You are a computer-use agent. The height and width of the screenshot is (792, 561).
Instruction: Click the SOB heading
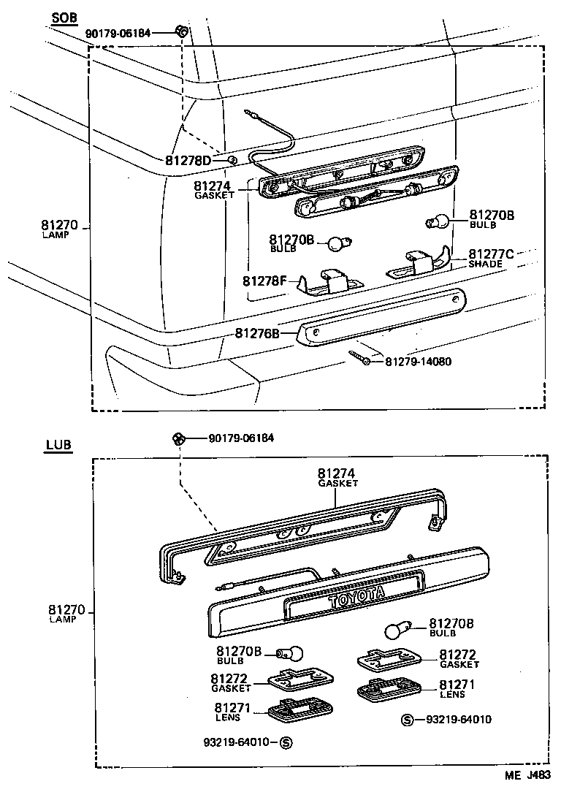point(65,18)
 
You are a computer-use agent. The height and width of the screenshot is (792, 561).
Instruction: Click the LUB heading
point(58,444)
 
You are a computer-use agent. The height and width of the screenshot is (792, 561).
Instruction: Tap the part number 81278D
point(188,160)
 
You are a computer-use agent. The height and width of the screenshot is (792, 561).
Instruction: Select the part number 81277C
point(491,254)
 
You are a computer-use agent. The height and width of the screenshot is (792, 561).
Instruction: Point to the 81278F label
point(265,281)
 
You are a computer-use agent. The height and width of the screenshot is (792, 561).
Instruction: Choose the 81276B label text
point(257,333)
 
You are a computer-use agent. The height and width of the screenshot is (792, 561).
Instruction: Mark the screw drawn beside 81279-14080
point(360,358)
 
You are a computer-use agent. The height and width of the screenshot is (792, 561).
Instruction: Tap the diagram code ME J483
point(525,776)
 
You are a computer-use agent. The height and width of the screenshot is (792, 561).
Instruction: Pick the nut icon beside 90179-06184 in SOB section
point(182,31)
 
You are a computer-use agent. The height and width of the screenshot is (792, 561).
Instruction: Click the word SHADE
point(485,264)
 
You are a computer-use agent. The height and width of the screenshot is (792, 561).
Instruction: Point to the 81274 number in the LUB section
point(336,473)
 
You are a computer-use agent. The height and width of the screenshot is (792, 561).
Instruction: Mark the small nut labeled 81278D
point(231,160)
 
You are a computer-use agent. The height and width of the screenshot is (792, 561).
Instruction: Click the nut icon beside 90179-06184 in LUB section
point(177,438)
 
